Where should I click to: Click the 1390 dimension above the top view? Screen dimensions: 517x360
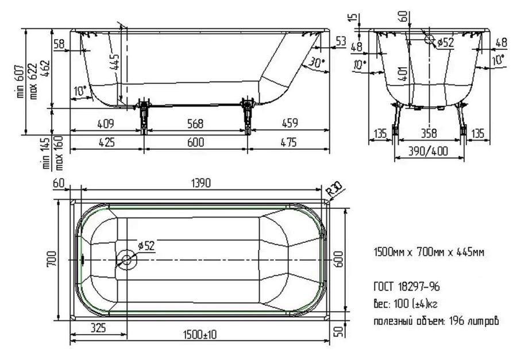click(x=201, y=183)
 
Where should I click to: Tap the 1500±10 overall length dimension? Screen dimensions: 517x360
click(x=200, y=335)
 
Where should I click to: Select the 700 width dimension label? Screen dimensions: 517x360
click(x=52, y=259)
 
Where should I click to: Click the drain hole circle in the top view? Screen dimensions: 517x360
click(x=126, y=260)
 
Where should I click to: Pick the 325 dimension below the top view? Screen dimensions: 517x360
click(x=98, y=328)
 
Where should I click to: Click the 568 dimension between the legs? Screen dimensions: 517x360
click(x=195, y=123)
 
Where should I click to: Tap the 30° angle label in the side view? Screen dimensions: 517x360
click(x=317, y=63)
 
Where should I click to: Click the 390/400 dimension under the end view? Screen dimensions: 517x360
click(x=429, y=151)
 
